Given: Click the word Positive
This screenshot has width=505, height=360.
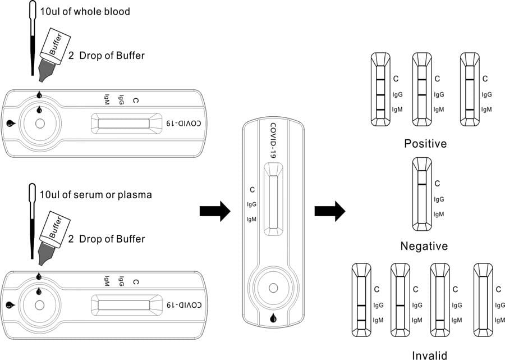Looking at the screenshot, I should pos(425,144).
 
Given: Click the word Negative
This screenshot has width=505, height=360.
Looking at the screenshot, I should pos(424,246).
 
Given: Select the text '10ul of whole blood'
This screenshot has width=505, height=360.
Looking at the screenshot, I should pos(85,11).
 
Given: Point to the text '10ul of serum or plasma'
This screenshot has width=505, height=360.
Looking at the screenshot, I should pos(96,195).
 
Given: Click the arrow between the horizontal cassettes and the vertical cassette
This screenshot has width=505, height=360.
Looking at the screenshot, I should pos(215,211).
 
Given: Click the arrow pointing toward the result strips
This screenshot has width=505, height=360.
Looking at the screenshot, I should pos(329,211).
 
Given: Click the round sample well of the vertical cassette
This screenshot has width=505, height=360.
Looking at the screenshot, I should pos(273,288).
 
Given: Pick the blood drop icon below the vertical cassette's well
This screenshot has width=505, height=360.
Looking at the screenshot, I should pos(273,318).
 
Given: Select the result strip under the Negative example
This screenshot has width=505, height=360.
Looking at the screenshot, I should pos(421,194).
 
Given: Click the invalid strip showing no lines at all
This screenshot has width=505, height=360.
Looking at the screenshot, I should pos(483,298).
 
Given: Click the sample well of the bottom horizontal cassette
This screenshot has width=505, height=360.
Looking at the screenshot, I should pos(39,304).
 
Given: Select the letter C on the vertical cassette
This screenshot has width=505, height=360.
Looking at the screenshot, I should pos(252,189).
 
